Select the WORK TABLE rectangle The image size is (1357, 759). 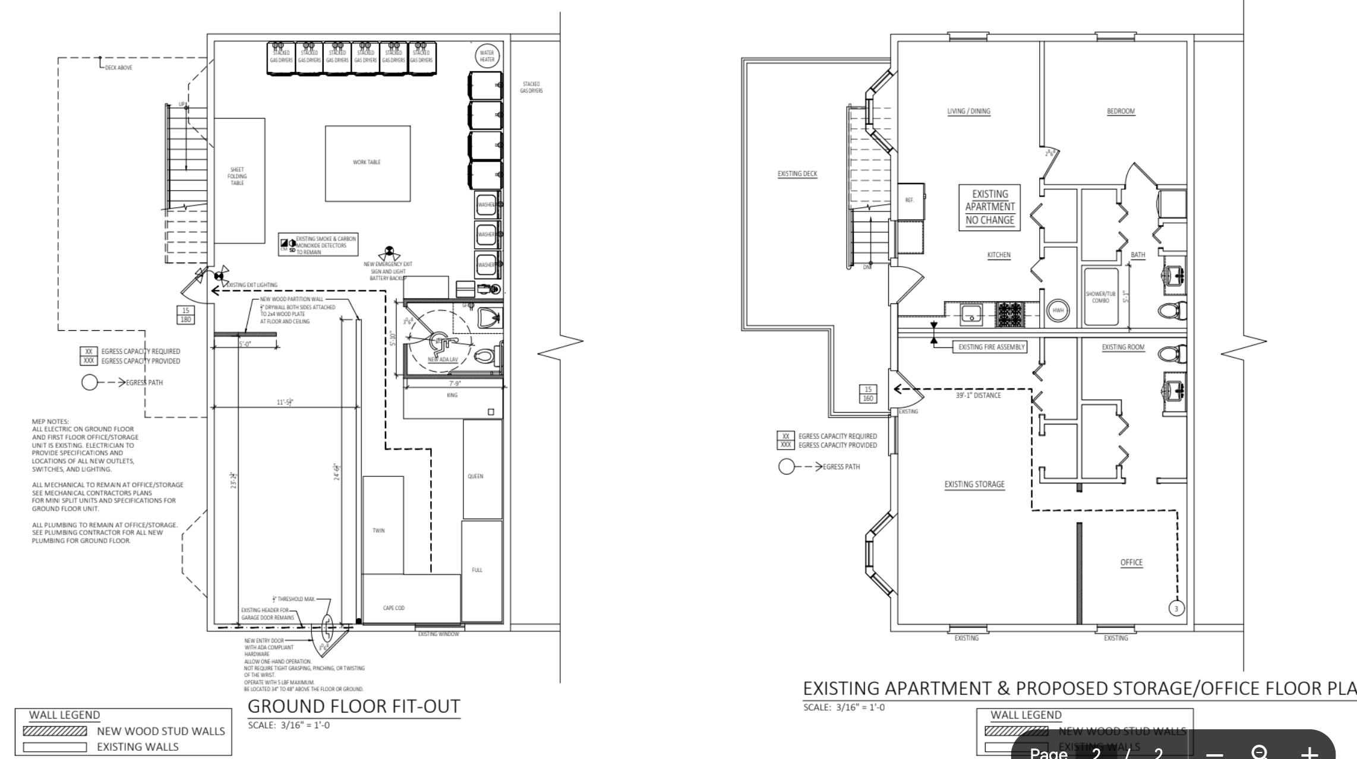coord(367,163)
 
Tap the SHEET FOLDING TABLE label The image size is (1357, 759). coord(237,176)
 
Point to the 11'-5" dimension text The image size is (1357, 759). coord(285,402)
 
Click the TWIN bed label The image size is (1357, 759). coord(378,530)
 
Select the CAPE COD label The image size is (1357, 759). coord(394,608)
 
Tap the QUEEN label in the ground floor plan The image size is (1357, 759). coord(475,476)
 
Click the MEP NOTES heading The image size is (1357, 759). coord(51,421)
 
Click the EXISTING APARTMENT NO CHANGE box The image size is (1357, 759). coord(990,207)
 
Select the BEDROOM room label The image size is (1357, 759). coord(1121,111)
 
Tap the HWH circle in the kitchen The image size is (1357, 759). coord(1058,311)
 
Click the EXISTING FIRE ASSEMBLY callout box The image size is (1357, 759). coord(991,347)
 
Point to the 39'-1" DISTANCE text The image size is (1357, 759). coord(978,396)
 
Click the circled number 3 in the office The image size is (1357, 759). coord(1177,608)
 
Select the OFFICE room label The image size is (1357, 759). coord(1131,562)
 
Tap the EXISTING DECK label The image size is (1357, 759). coord(797,174)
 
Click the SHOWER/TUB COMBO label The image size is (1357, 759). coord(1100,297)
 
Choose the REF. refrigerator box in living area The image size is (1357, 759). coord(910,200)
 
